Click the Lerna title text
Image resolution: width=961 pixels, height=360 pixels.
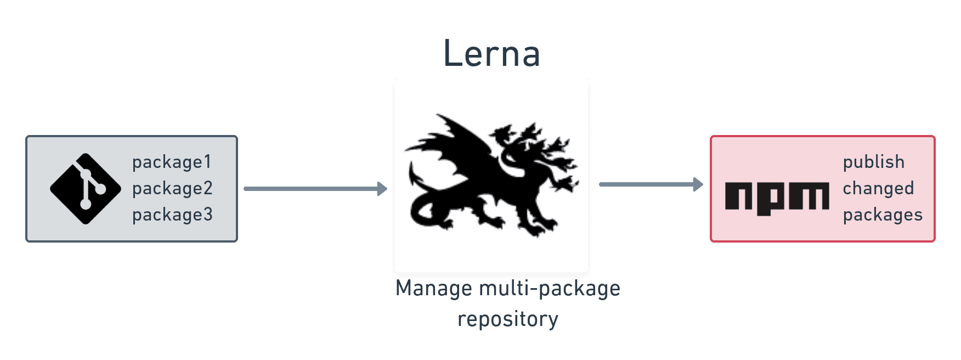(x=491, y=53)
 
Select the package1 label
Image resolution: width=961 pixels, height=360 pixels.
(x=172, y=162)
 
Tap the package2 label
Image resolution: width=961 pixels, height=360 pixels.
(x=172, y=189)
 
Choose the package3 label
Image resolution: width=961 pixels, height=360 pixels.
(x=172, y=215)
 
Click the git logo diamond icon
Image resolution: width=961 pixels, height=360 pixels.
(x=86, y=189)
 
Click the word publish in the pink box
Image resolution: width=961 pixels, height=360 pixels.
(x=873, y=162)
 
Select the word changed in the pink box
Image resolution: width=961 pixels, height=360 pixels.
(x=878, y=189)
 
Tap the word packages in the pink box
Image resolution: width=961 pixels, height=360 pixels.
(x=883, y=215)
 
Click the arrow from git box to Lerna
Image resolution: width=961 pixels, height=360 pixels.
(x=313, y=189)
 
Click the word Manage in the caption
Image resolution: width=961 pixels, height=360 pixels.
(x=433, y=289)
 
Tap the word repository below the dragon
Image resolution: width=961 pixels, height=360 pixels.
(x=508, y=319)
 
